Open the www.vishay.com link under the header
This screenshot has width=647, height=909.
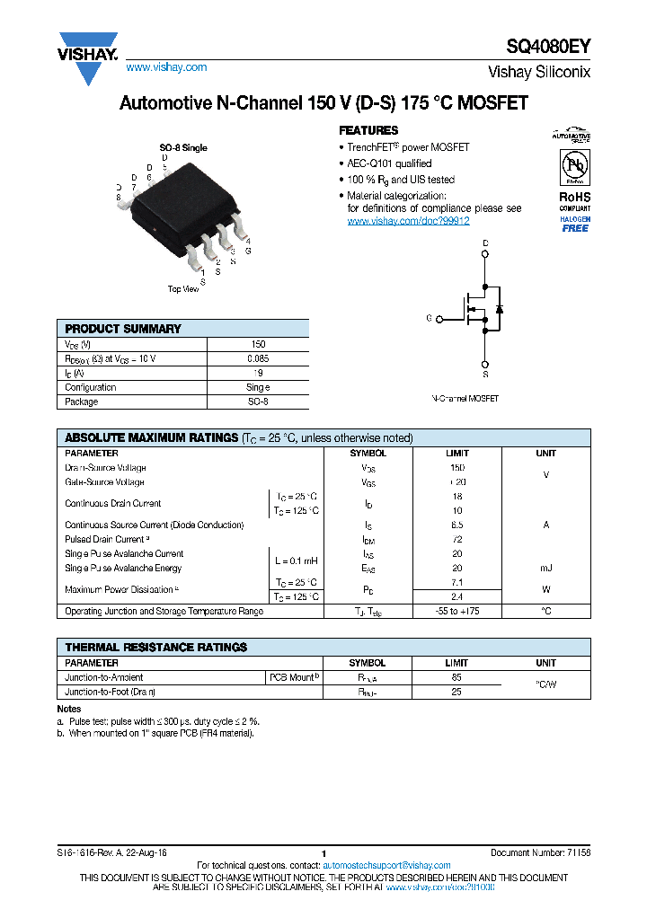click(x=166, y=67)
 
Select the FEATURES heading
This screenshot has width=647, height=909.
click(x=368, y=130)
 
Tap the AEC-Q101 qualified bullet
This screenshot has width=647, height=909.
click(x=389, y=163)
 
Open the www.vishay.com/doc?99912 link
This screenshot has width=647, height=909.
click(x=408, y=220)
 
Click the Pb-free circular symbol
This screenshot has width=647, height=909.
click(x=574, y=168)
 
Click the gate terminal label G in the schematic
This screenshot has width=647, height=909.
click(x=429, y=318)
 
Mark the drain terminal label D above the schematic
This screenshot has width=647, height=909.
click(x=485, y=243)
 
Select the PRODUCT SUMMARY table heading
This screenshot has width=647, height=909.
click(x=123, y=329)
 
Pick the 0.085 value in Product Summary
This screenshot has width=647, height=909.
click(x=258, y=358)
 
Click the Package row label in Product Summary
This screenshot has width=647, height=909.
click(x=81, y=402)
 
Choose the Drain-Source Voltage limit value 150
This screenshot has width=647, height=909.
click(x=457, y=467)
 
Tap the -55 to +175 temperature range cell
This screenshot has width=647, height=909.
click(x=457, y=611)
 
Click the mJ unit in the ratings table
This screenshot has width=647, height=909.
click(x=545, y=568)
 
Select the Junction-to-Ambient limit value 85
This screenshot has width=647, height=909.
click(x=457, y=677)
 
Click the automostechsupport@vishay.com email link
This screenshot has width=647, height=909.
click(x=386, y=865)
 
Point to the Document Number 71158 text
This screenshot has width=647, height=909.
click(x=540, y=852)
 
